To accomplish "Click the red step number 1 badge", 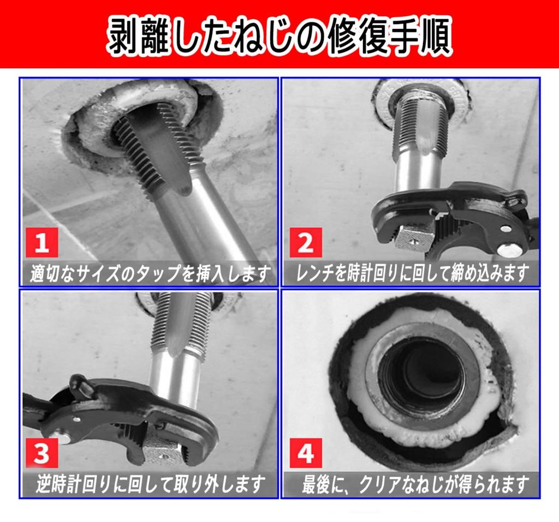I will (43, 243).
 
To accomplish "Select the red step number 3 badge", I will (43, 453).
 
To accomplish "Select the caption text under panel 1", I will (150, 273).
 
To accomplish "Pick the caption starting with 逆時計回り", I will (150, 484).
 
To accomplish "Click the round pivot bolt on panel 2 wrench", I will (508, 248).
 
